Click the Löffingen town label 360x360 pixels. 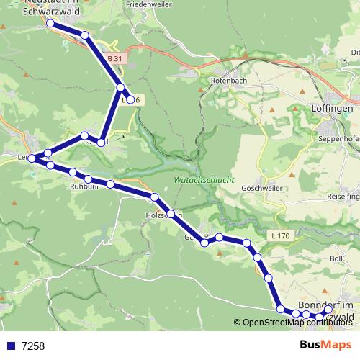coord(333,108)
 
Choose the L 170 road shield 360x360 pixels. coord(282,235)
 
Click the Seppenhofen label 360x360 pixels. coord(338,138)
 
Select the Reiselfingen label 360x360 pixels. coord(343,176)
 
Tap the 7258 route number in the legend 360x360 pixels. coord(33,346)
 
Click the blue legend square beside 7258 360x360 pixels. coord(11,346)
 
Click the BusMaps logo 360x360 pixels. coord(325,346)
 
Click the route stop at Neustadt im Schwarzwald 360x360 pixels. coord(50,24)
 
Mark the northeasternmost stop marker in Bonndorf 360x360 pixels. coord(328,310)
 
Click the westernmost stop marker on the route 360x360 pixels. coord(31,158)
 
